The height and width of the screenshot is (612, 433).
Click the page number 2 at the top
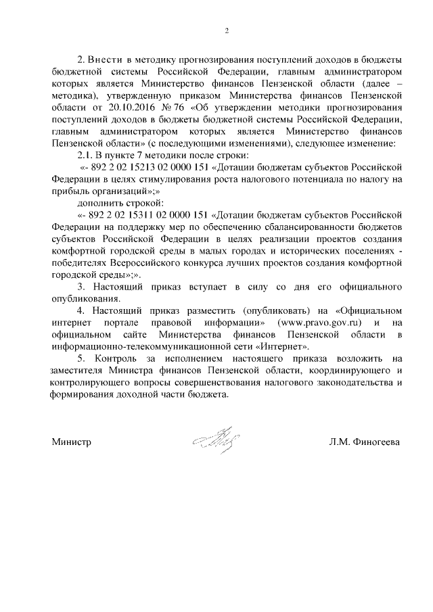228,30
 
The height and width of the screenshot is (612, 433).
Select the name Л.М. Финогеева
364,442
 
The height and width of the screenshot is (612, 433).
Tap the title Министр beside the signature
71,442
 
